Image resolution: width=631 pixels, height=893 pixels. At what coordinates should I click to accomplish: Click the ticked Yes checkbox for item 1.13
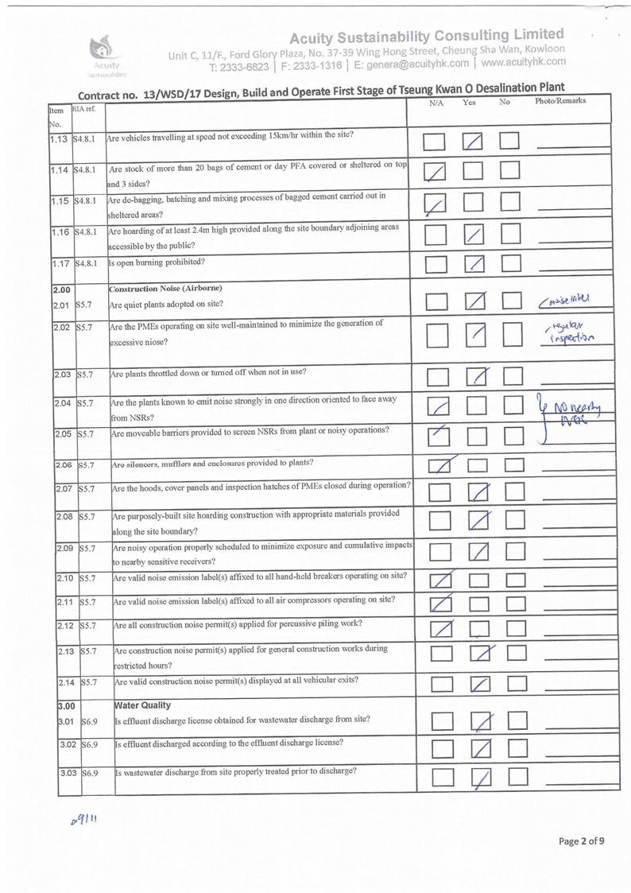point(474,142)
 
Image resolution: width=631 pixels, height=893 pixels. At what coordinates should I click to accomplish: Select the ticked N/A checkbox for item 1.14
point(435,172)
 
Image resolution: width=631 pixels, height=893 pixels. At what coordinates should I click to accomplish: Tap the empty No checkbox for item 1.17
point(509,264)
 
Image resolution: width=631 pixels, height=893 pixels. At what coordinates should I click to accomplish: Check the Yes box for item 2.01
point(474,303)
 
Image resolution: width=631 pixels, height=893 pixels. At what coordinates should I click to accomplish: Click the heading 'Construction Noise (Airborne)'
point(165,287)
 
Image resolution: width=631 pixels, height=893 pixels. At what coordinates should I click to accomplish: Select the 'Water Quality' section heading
point(143,705)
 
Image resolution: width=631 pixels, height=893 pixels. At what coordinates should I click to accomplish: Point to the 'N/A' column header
point(436,103)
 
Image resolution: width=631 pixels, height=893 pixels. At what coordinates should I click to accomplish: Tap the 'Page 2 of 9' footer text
point(583,841)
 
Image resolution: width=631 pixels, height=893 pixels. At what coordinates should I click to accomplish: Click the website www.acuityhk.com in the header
point(524,61)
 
